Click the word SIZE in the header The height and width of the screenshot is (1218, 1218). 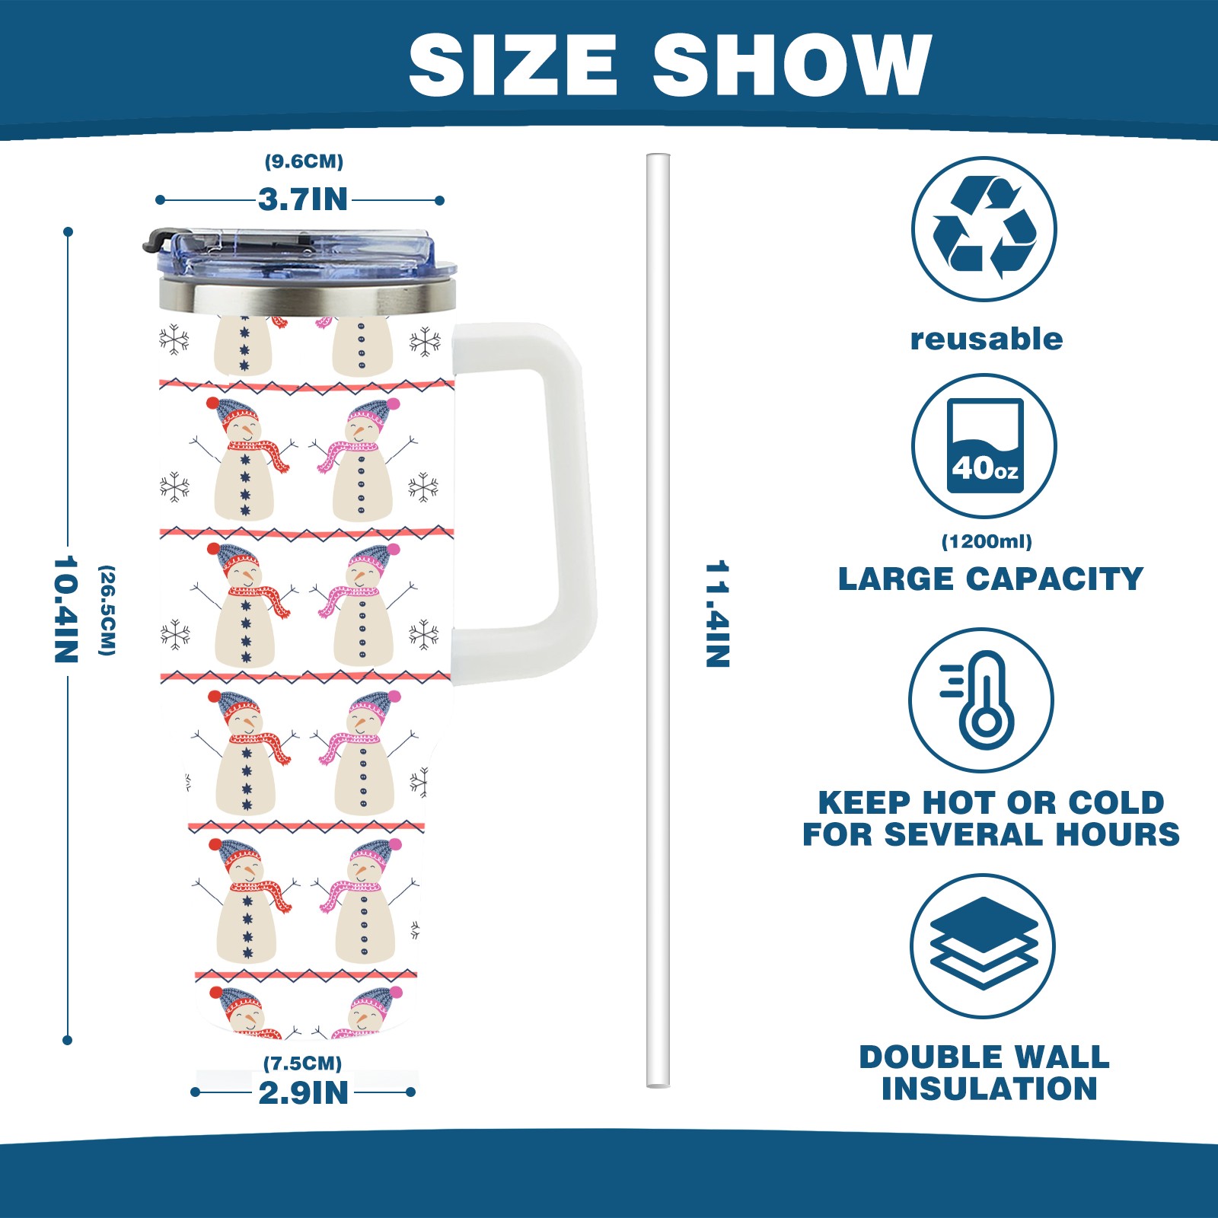coord(512,65)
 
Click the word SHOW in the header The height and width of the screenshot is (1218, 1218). coord(792,65)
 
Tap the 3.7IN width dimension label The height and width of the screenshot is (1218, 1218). coord(303,199)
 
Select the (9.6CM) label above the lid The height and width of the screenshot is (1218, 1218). coord(304,161)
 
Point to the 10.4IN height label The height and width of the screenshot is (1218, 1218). coord(66,609)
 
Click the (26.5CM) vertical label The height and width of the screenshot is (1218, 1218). coord(107,610)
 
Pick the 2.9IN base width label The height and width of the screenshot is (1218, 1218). coord(303,1093)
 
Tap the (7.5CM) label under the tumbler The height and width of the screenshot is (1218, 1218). coord(302,1063)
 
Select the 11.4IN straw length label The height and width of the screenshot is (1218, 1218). coord(717,614)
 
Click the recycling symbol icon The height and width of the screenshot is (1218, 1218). coord(984,228)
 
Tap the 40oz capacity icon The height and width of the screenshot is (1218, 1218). coord(984,446)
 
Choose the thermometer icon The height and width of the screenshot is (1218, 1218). coord(982,700)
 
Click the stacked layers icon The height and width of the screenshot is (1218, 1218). coord(984,945)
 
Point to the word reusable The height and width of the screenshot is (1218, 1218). coord(987,340)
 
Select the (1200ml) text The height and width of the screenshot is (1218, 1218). coord(987,541)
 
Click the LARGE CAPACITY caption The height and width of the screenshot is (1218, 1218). coord(990,579)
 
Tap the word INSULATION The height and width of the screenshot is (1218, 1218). coord(990,1089)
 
